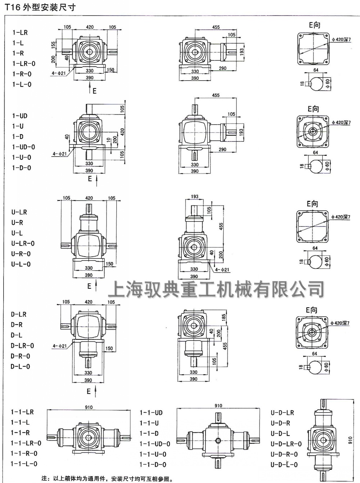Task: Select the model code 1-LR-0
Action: (24, 64)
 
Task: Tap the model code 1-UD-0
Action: (24, 147)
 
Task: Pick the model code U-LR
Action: (19, 212)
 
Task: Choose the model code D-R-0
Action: (21, 356)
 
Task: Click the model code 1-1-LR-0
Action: (26, 443)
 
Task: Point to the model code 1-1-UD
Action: (151, 412)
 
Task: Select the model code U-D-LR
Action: (282, 412)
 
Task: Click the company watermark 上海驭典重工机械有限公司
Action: (216, 289)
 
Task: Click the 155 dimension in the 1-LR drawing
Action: (53, 45)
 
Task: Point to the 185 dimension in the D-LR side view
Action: (224, 317)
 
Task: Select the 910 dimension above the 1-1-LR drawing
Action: (89, 407)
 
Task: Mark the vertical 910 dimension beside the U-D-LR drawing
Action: (350, 440)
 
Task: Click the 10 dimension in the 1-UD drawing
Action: (108, 140)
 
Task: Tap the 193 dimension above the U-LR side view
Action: (194, 197)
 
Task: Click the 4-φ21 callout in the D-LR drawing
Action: (60, 346)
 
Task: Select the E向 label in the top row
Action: (314, 25)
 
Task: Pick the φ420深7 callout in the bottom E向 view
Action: (340, 323)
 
